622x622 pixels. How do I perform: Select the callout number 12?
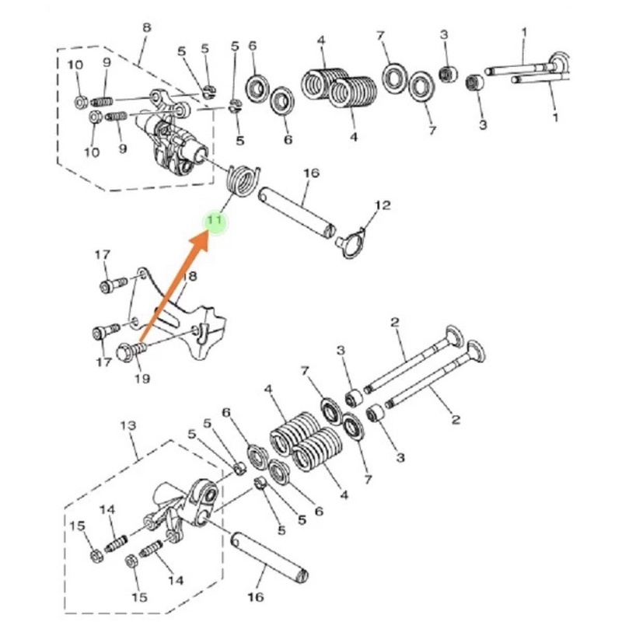point(383,205)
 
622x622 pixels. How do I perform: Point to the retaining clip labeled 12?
point(352,243)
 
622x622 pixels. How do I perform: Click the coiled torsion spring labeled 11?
point(243,180)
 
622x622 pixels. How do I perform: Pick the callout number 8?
point(146,28)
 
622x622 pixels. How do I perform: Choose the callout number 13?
point(128,425)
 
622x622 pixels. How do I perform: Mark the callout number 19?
point(142,379)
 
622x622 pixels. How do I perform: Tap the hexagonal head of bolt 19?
point(125,352)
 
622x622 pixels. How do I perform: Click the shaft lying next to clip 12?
point(298,213)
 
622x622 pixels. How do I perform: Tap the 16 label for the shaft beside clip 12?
point(312,173)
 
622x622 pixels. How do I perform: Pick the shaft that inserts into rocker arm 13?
point(270,557)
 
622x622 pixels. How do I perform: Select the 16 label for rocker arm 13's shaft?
point(256,596)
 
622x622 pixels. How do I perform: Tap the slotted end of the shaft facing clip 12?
point(330,231)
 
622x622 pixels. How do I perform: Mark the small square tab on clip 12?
point(340,240)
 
